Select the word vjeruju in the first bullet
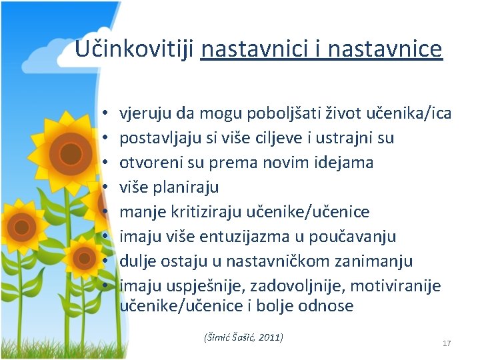pyautogui.click(x=142, y=114)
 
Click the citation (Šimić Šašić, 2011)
pyautogui.click(x=243, y=337)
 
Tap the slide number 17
pyautogui.click(x=447, y=343)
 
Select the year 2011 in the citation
pyautogui.click(x=269, y=337)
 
